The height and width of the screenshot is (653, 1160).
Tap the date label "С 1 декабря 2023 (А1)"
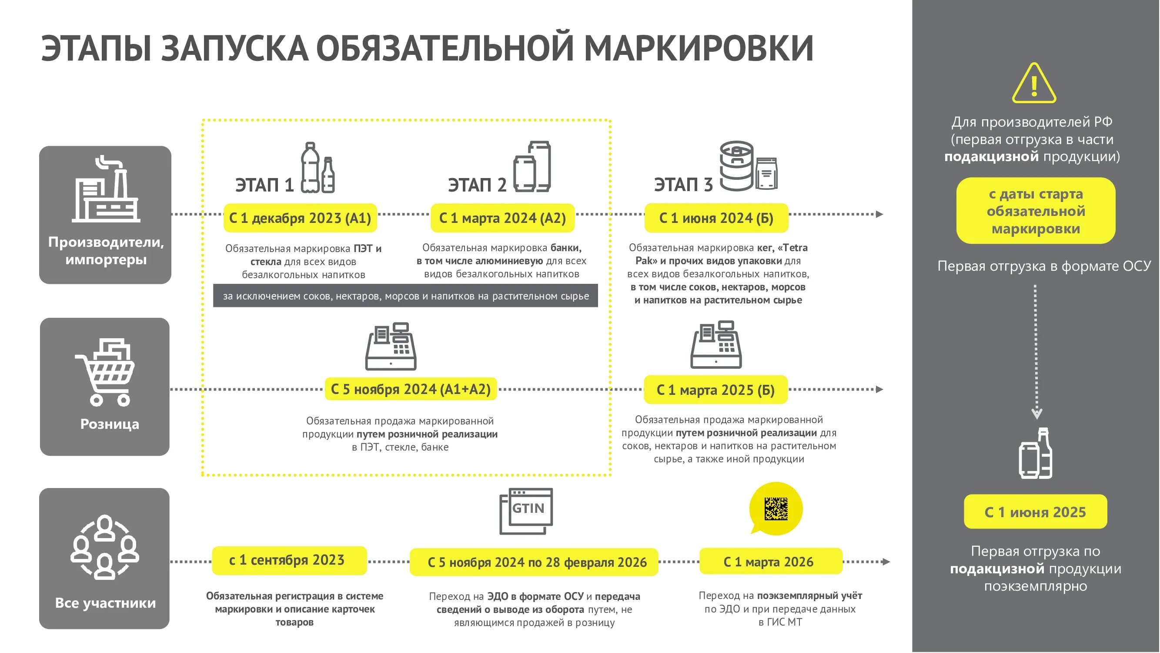pyautogui.click(x=300, y=218)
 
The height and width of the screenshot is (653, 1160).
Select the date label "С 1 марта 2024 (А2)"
pyautogui.click(x=502, y=218)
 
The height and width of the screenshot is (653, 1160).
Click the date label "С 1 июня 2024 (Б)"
pyautogui.click(x=716, y=218)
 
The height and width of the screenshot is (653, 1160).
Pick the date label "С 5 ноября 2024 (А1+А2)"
pyautogui.click(x=410, y=389)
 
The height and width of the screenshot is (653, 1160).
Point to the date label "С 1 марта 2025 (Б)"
pyautogui.click(x=715, y=390)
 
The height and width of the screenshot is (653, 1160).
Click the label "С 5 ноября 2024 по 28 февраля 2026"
pyautogui.click(x=534, y=562)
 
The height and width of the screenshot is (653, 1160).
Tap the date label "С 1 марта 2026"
pyautogui.click(x=770, y=562)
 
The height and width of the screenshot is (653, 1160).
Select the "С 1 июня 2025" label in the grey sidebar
pyautogui.click(x=1035, y=512)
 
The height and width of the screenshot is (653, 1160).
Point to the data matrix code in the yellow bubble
pyautogui.click(x=776, y=508)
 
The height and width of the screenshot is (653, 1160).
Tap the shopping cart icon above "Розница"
pyautogui.click(x=105, y=372)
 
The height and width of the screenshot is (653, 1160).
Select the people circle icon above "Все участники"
pyautogui.click(x=104, y=547)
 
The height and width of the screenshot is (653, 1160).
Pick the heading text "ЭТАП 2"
pyautogui.click(x=477, y=185)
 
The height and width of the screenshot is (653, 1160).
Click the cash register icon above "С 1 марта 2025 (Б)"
pyautogui.click(x=716, y=345)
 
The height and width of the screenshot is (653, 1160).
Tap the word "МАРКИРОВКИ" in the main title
pyautogui.click(x=699, y=48)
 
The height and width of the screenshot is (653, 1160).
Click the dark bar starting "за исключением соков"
pyautogui.click(x=405, y=296)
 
